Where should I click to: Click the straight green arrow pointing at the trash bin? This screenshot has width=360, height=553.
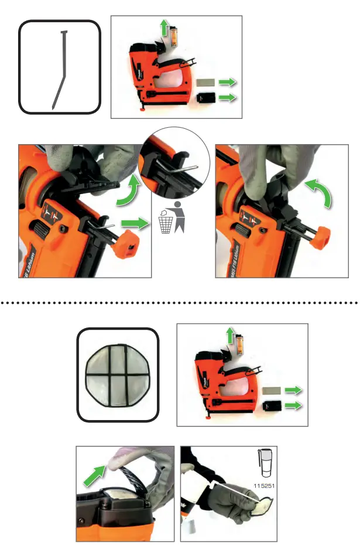point(134,223)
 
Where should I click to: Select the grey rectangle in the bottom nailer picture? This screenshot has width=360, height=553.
point(273,391)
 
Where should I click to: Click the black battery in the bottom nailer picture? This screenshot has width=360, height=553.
point(273,405)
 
